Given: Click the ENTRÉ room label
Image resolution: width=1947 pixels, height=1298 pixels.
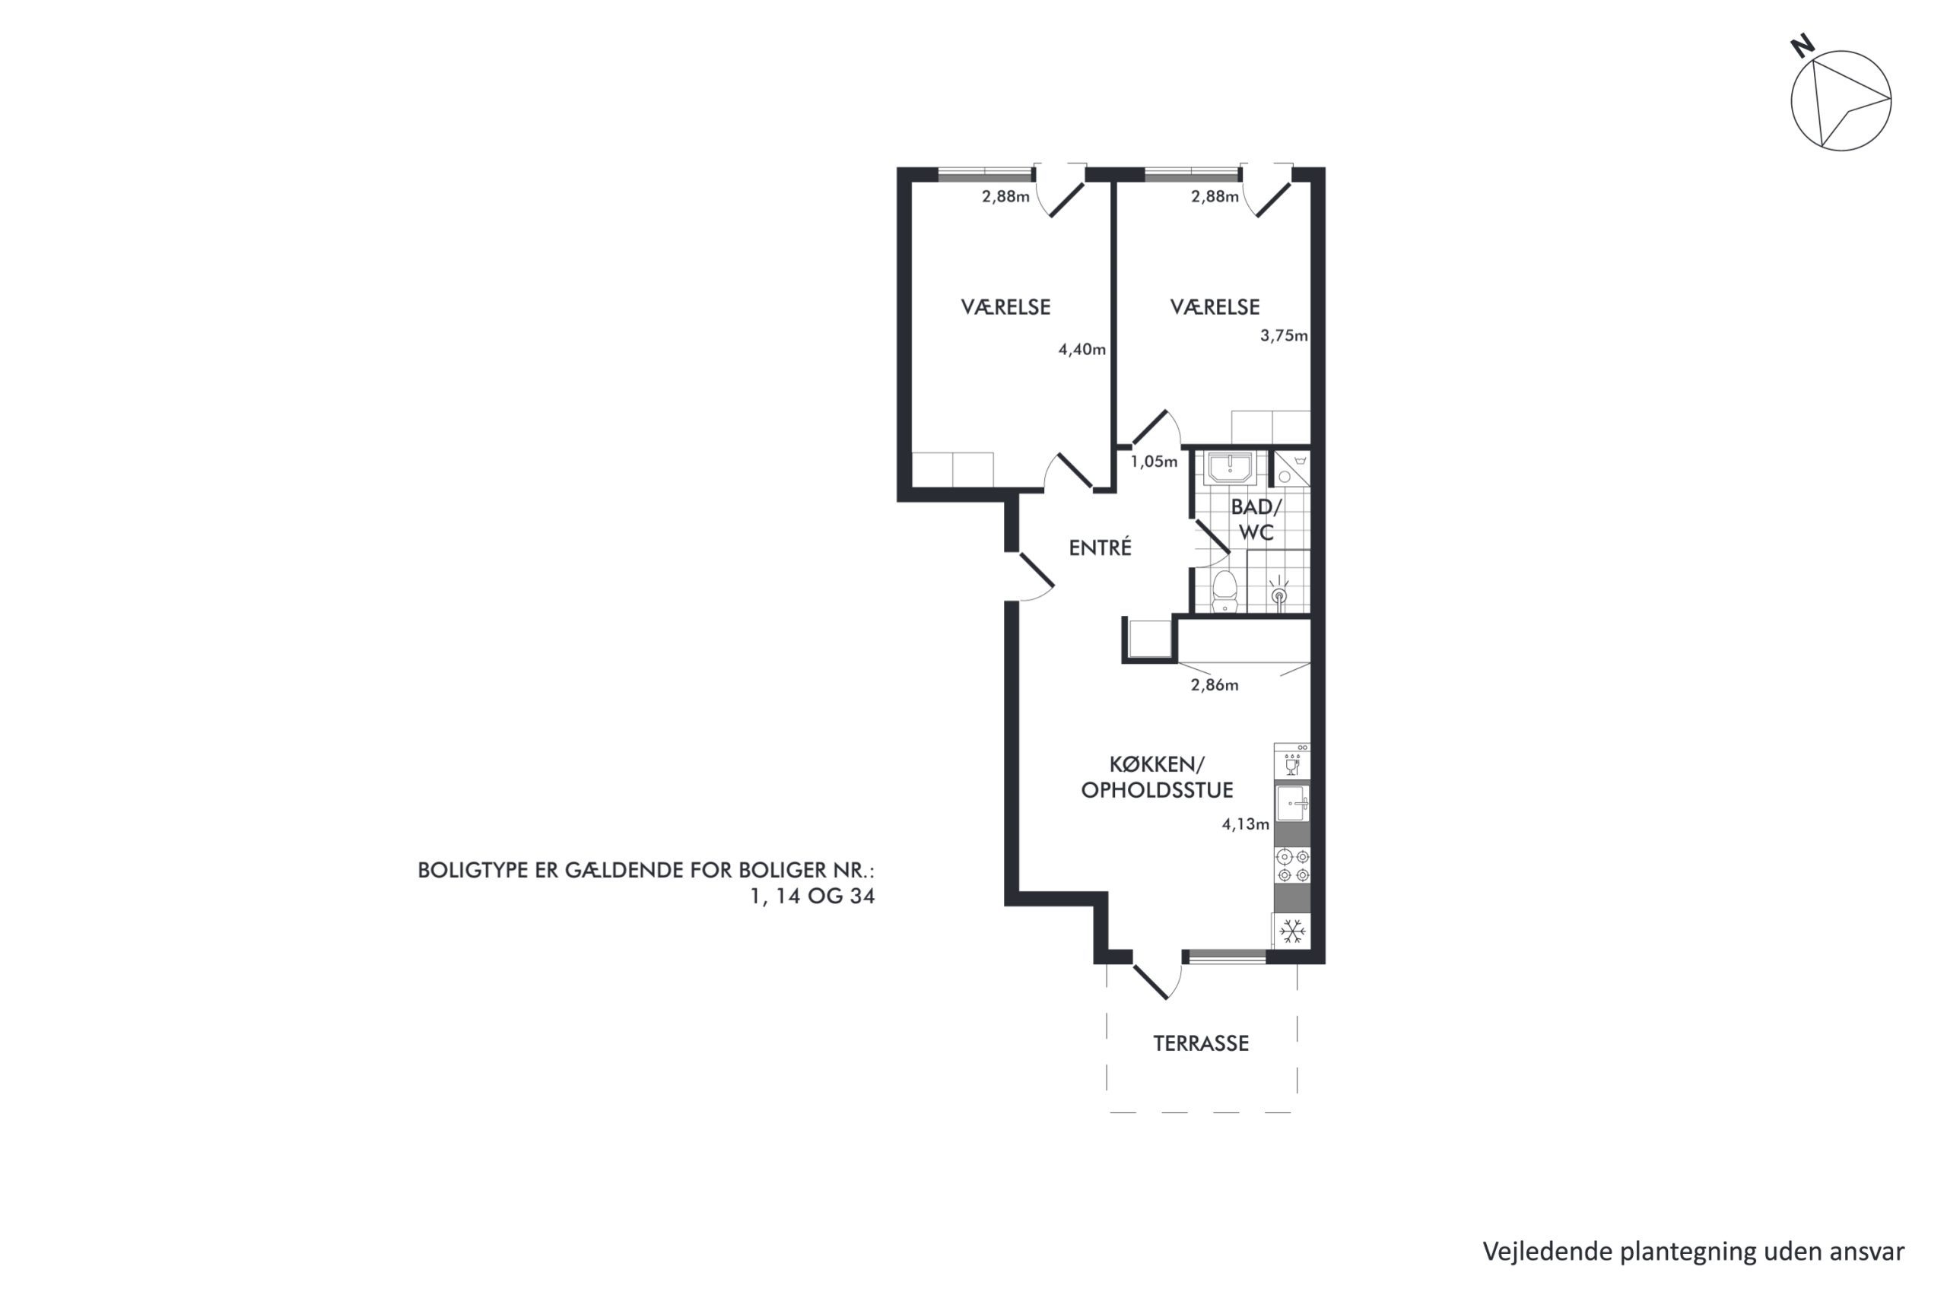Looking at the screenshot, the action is [x=1099, y=548].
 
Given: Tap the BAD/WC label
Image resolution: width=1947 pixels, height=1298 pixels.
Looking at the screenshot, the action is [x=1256, y=520].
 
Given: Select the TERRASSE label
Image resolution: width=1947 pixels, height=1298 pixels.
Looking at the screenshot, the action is [x=1201, y=1043].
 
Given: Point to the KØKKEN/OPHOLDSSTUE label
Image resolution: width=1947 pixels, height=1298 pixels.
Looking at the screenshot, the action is [x=1158, y=777].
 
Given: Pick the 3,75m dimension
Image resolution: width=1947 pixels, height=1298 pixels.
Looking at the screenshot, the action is [x=1284, y=336].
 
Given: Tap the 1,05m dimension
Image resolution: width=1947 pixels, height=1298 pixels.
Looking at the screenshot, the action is [x=1154, y=462].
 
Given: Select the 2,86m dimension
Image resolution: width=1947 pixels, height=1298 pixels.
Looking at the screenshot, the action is [x=1215, y=685].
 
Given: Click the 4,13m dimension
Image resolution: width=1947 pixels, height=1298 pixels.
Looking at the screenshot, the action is [x=1246, y=824].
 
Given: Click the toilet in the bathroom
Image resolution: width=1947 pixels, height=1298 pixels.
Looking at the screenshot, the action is [x=1224, y=591].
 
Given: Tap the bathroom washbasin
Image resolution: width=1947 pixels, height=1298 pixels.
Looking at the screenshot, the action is [x=1230, y=468].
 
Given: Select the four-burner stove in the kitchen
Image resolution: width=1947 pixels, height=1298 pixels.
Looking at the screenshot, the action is [x=1293, y=866].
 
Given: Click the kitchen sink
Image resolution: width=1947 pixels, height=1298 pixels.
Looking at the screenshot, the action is [x=1292, y=804].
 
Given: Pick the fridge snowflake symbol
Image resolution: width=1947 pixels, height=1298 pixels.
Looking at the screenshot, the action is [x=1292, y=932].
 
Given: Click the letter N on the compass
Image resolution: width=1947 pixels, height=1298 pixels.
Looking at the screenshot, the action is [x=1802, y=46].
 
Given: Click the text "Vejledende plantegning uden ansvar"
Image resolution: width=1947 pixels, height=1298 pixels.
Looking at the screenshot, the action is [x=1693, y=1252].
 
